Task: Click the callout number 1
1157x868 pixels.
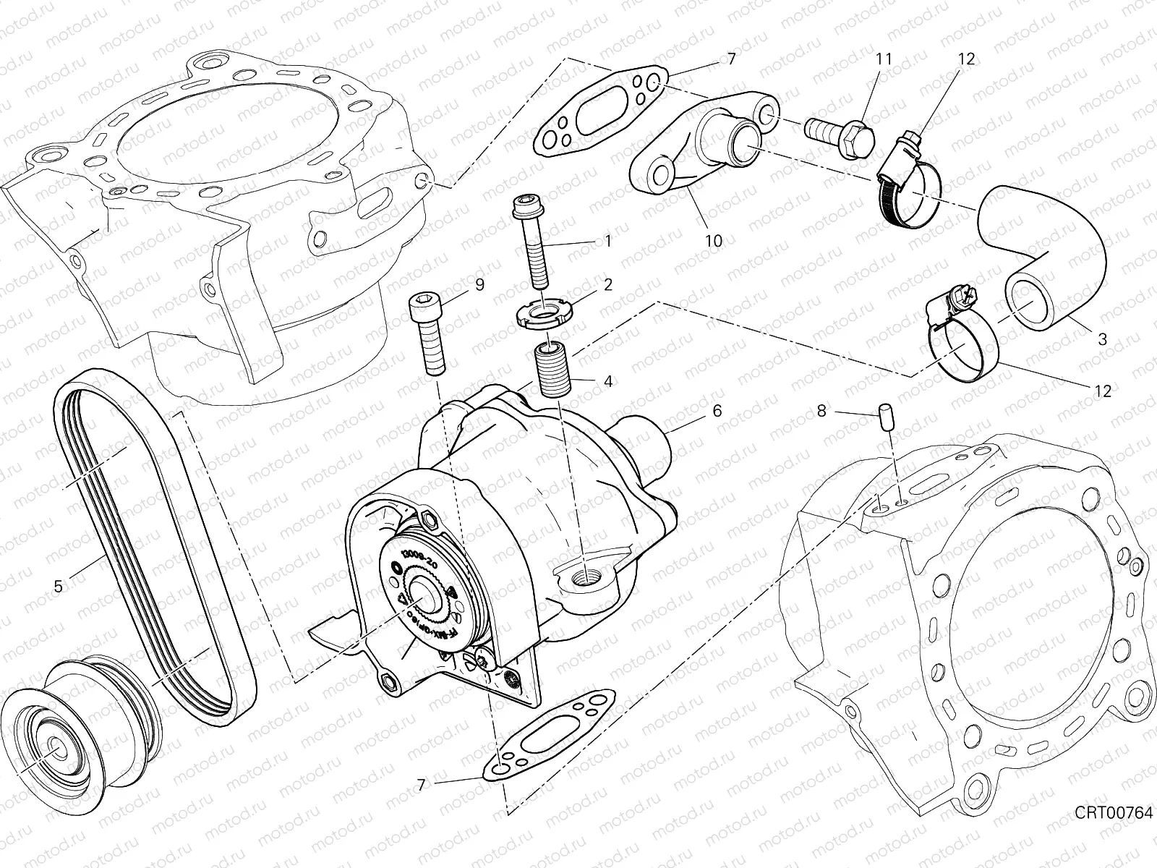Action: tap(607, 241)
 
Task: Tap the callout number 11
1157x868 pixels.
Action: tap(883, 59)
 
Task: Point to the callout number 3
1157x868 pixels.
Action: tap(1102, 339)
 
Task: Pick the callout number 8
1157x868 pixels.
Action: tap(821, 412)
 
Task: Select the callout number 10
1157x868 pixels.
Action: tap(713, 241)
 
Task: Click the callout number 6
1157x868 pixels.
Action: tap(717, 411)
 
